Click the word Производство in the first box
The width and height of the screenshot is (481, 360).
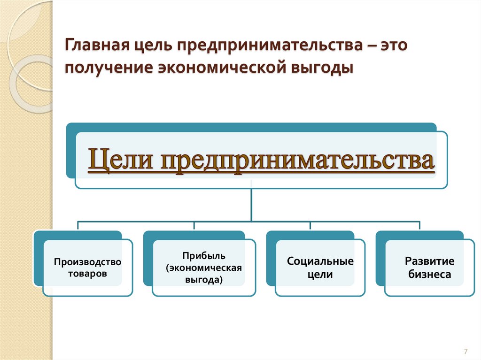tap(87, 261)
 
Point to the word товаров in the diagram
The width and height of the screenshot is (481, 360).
tap(87, 273)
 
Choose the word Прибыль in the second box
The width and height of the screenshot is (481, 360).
tap(204, 256)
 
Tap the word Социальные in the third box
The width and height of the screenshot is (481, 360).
tap(320, 261)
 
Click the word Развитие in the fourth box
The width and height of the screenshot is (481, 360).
tap(430, 261)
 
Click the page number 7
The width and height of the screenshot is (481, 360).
tap(465, 352)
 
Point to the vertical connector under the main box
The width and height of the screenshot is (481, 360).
tap(251, 204)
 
